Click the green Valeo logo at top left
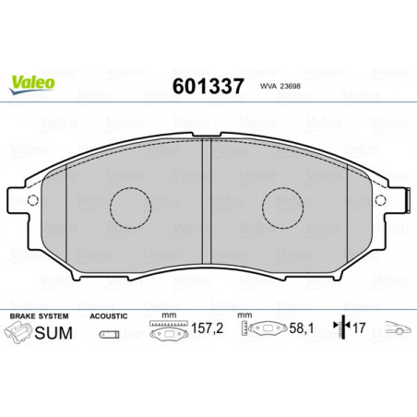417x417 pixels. pyautogui.click(x=32, y=85)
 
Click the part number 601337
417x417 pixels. pyautogui.click(x=208, y=86)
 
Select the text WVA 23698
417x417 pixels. pyautogui.click(x=280, y=87)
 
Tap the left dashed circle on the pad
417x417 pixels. pyautogui.click(x=130, y=208)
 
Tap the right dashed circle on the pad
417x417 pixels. pyautogui.click(x=282, y=208)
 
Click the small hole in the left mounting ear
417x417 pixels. pyautogui.click(x=32, y=200)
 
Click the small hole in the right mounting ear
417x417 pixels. pyautogui.click(x=381, y=200)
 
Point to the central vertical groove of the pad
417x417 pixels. pyautogui.click(x=207, y=201)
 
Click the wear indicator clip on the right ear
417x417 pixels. pyautogui.click(x=409, y=200)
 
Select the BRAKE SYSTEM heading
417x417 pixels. pyautogui.click(x=39, y=316)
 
